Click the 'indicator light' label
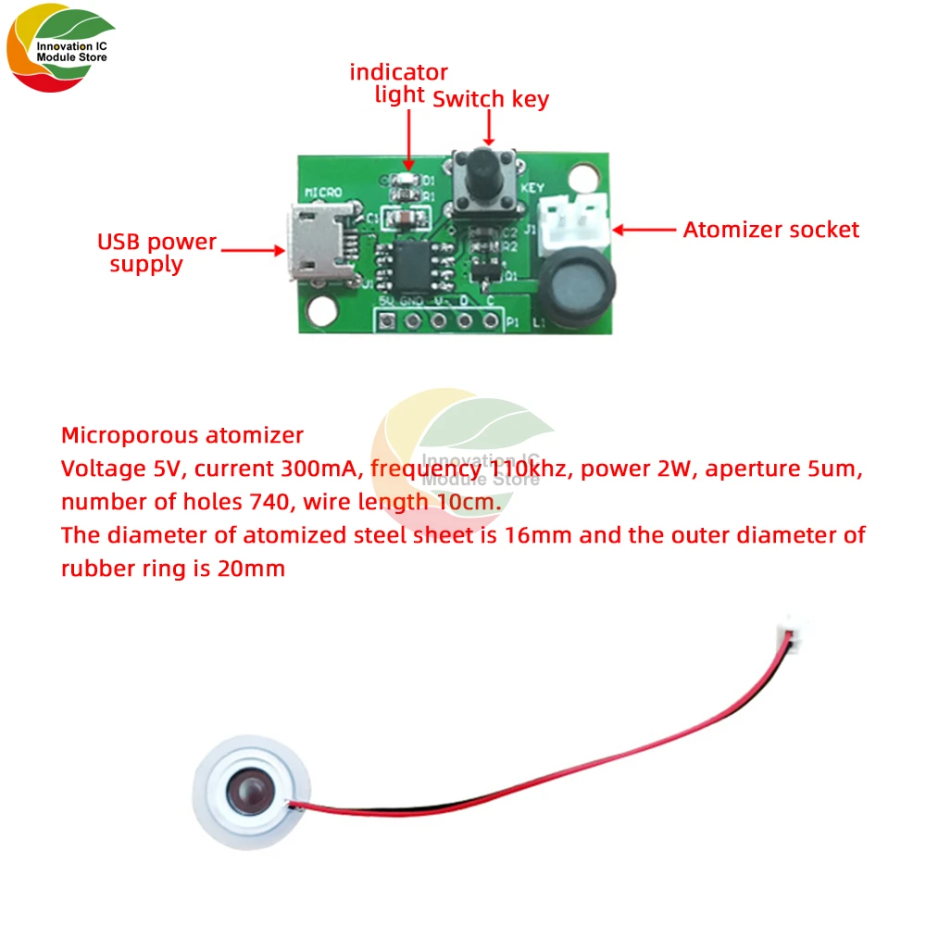[x=398, y=82]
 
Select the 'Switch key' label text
[x=491, y=99]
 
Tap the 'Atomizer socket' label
[x=771, y=230]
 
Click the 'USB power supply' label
[x=156, y=253]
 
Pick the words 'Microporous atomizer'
[x=181, y=434]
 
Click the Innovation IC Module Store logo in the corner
[x=60, y=54]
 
